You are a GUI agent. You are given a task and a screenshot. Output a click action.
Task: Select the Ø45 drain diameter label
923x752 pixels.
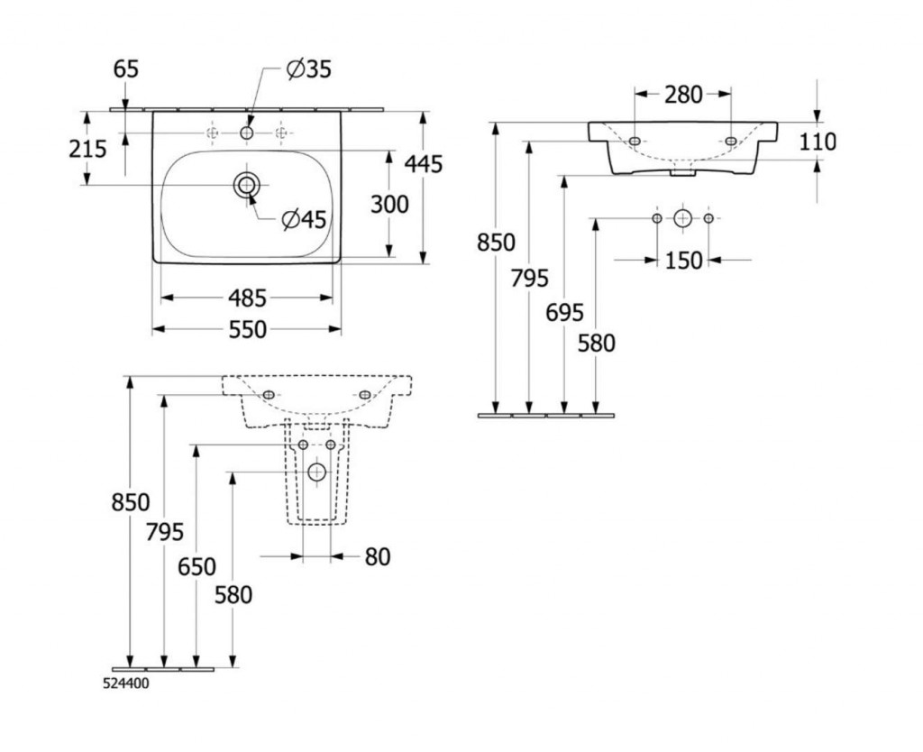coord(303,218)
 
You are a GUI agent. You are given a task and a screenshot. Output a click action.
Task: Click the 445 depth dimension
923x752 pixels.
coord(424,164)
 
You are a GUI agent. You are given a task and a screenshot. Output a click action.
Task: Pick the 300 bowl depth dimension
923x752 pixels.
coord(389,204)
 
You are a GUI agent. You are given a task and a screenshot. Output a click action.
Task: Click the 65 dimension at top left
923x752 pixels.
coord(126,69)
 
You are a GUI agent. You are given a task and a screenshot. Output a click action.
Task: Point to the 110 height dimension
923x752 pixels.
coord(817,141)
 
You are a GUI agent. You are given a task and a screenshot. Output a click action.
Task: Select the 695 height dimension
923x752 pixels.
coord(565,313)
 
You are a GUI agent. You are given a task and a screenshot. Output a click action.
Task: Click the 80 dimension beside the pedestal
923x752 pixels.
coord(378,557)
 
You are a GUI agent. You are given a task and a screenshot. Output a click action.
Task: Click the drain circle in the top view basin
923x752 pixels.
coord(246,185)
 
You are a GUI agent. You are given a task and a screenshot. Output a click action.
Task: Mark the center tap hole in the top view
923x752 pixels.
coord(247,133)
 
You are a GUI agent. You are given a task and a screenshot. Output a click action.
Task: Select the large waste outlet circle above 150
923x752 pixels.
coord(682,218)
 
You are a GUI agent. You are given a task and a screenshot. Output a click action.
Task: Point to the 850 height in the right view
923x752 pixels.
coord(496,242)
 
